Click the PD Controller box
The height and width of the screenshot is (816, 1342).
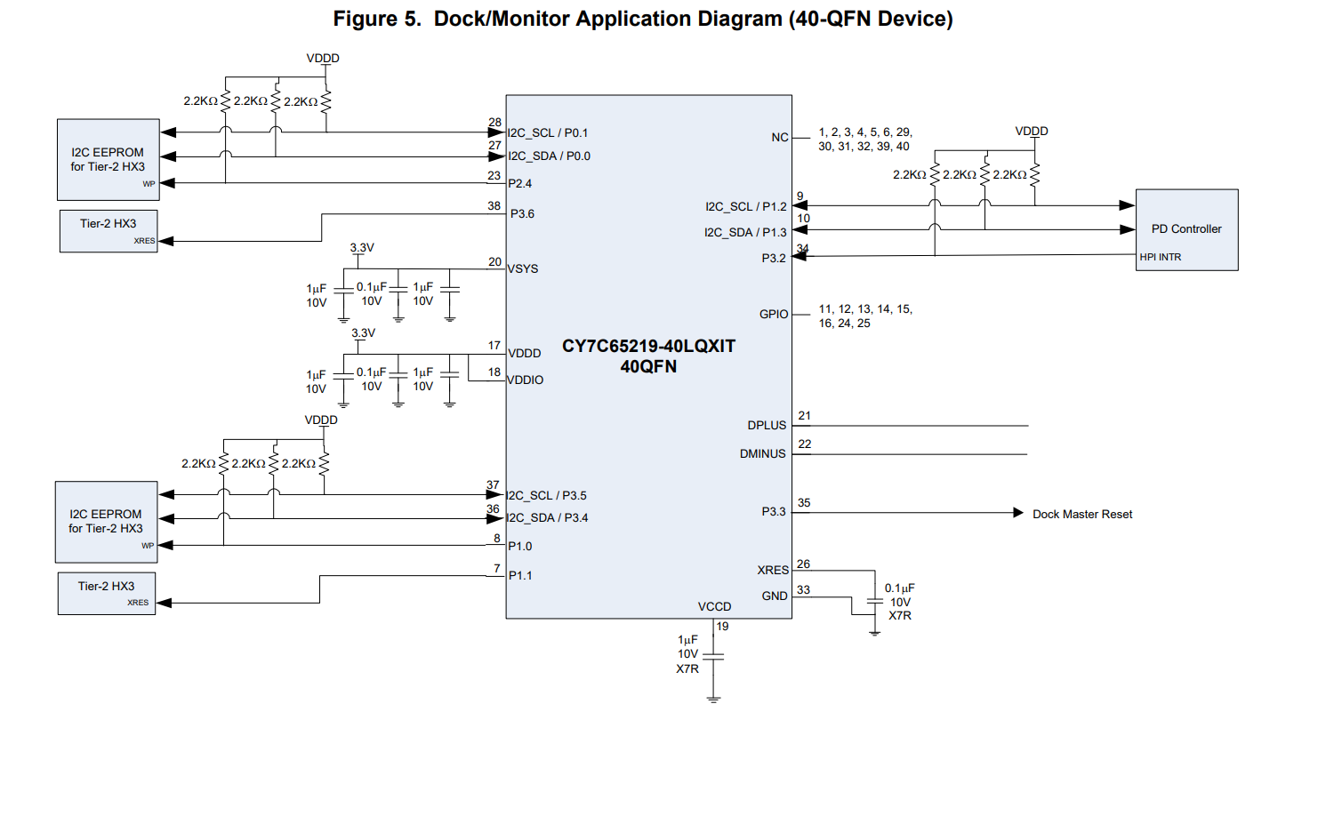click(x=1186, y=229)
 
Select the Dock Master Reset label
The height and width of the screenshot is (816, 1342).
click(x=1082, y=515)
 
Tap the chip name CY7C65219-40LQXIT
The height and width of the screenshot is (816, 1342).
click(x=648, y=347)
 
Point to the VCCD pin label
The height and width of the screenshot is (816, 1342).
click(x=714, y=607)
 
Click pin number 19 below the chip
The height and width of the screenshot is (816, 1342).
click(x=723, y=627)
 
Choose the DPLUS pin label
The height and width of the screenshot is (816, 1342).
click(x=767, y=426)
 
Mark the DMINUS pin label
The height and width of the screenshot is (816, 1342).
click(x=762, y=454)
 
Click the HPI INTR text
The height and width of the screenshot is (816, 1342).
click(x=1161, y=258)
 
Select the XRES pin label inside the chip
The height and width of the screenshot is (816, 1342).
click(x=773, y=571)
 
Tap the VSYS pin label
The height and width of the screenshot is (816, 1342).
click(x=523, y=269)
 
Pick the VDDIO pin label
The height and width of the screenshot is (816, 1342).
click(x=526, y=380)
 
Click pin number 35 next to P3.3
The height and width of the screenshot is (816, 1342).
click(x=804, y=503)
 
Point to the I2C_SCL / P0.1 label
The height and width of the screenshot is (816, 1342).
click(x=548, y=133)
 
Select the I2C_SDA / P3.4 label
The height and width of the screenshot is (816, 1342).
click(x=548, y=518)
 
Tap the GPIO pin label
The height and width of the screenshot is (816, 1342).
click(x=774, y=315)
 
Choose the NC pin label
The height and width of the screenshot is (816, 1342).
click(x=780, y=138)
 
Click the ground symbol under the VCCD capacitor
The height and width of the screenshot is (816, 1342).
click(x=713, y=700)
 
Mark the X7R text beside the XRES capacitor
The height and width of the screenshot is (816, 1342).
click(x=900, y=616)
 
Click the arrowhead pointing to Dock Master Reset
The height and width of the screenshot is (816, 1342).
click(x=1018, y=513)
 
